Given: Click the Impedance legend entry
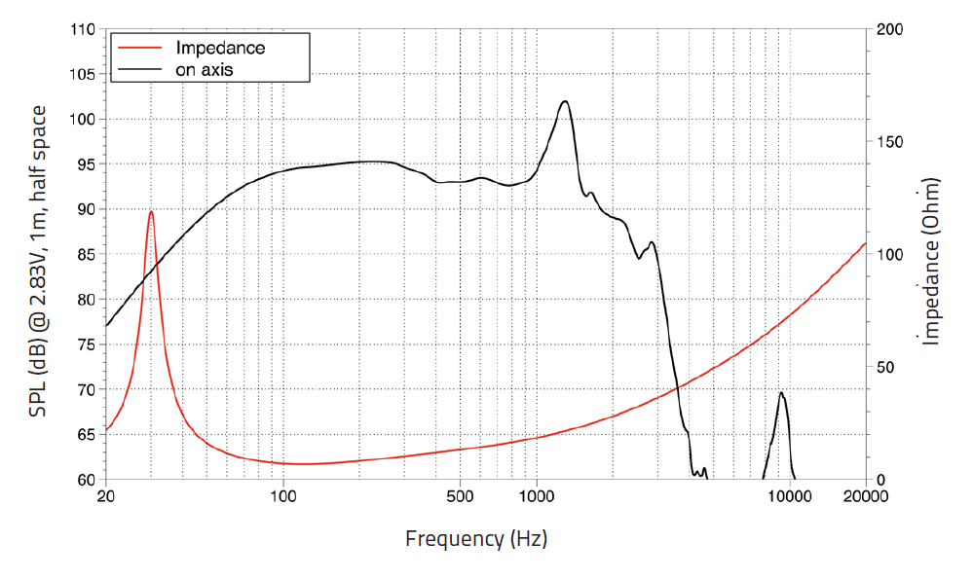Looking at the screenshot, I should coord(219,47).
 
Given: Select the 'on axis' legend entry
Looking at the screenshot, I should coord(204,69).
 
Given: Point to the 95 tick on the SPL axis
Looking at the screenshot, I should coord(85,164).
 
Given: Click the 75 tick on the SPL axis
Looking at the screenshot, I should coord(85,344).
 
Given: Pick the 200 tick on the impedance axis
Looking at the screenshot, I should coord(889,30).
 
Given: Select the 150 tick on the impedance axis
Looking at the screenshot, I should coord(889,142).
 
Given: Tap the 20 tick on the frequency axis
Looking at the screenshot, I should coord(106,496).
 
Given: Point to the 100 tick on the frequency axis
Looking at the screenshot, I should coord(282,496).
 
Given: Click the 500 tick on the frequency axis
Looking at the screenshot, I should coord(460,496).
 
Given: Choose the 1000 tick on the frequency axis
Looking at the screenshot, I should coord(536,496).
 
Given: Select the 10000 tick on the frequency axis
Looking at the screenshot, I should coord(789,496).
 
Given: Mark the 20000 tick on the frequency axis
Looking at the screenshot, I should coord(866,496).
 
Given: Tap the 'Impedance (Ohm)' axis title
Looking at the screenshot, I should coord(932,261).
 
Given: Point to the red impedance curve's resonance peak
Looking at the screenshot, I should coord(151,211).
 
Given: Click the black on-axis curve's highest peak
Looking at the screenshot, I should coord(565,101).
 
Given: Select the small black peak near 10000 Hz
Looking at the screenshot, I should coord(781,393).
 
